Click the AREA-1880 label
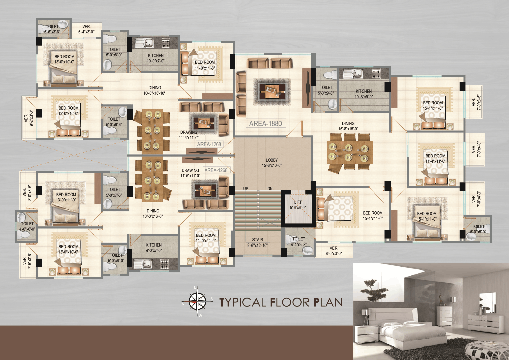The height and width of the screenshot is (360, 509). (x=265, y=123)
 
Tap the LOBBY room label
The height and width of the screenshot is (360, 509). (x=272, y=163)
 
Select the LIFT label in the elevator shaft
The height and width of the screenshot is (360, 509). (x=298, y=205)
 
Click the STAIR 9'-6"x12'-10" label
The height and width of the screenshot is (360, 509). (x=258, y=242)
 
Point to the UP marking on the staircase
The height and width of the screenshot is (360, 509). (x=246, y=189)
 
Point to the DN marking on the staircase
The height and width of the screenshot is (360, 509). (x=270, y=189)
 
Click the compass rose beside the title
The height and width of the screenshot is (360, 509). (x=197, y=301)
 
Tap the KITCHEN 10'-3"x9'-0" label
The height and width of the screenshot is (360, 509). (x=364, y=94)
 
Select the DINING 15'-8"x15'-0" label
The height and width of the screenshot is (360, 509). (x=348, y=126)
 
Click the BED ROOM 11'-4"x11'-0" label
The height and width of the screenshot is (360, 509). (x=435, y=158)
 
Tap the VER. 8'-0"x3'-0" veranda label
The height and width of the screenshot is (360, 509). (x=334, y=251)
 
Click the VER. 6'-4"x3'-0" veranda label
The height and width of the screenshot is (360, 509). (x=86, y=29)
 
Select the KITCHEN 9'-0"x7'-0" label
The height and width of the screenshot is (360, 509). (x=154, y=248)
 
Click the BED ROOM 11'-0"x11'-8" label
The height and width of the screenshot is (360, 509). (x=205, y=65)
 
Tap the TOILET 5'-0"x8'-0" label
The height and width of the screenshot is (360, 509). (x=114, y=52)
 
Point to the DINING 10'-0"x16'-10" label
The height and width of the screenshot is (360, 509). (x=155, y=90)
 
